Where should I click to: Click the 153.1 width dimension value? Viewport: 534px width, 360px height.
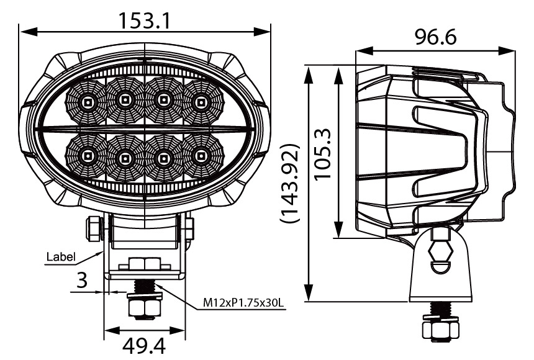(144, 21)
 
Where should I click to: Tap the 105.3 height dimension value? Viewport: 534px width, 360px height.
(323, 153)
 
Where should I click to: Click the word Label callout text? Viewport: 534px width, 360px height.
(60, 256)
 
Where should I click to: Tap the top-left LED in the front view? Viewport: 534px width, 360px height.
(88, 101)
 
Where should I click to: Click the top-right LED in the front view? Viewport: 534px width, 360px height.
(201, 101)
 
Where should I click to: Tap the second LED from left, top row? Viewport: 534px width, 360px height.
(125, 99)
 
